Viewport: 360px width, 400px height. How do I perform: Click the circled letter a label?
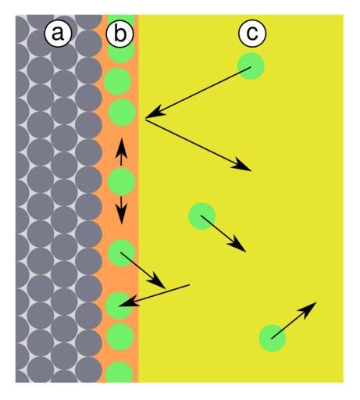click(58, 33)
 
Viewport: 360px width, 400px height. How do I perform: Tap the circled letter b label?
click(119, 34)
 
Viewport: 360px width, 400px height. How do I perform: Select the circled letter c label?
click(252, 33)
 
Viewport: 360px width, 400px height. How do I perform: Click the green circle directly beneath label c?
click(251, 66)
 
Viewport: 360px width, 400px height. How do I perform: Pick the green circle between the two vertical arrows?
click(121, 181)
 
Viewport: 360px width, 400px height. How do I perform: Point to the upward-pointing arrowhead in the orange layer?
click(121, 148)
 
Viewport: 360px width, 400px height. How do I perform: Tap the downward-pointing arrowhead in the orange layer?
click(121, 214)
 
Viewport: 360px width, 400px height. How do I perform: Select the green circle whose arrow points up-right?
click(273, 338)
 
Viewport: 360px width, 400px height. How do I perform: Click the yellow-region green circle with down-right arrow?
click(202, 216)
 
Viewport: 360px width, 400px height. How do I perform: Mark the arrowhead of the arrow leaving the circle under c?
click(155, 112)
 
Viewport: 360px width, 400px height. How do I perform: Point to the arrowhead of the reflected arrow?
click(241, 166)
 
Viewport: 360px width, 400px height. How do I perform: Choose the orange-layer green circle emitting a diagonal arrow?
click(121, 253)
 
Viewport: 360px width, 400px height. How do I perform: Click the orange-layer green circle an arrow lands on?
click(119, 305)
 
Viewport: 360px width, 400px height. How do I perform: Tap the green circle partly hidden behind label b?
click(121, 53)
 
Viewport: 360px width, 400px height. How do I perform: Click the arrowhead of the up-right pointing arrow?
click(308, 309)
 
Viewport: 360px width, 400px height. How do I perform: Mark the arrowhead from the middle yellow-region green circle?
click(237, 244)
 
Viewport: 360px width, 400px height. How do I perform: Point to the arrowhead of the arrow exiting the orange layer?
click(157, 280)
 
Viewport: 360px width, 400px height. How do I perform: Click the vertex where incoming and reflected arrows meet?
click(145, 120)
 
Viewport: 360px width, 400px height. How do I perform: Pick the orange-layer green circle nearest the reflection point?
click(122, 112)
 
